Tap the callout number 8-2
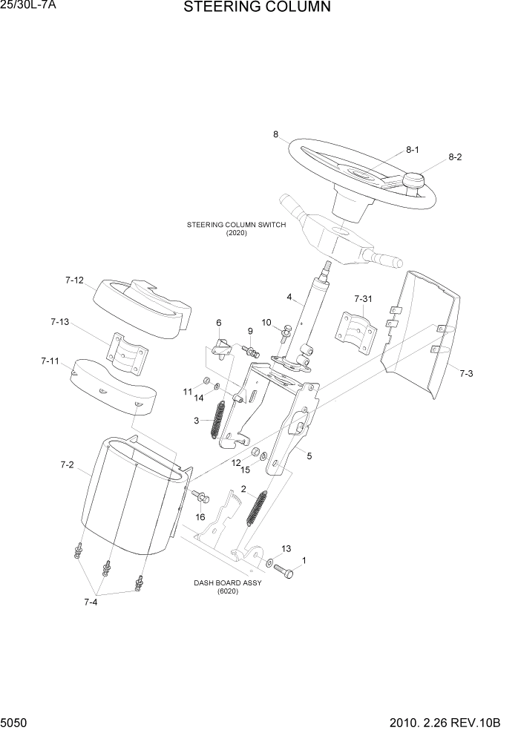455,157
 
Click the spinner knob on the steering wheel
412,180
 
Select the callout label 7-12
74,280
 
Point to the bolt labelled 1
283,570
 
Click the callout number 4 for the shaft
289,298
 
